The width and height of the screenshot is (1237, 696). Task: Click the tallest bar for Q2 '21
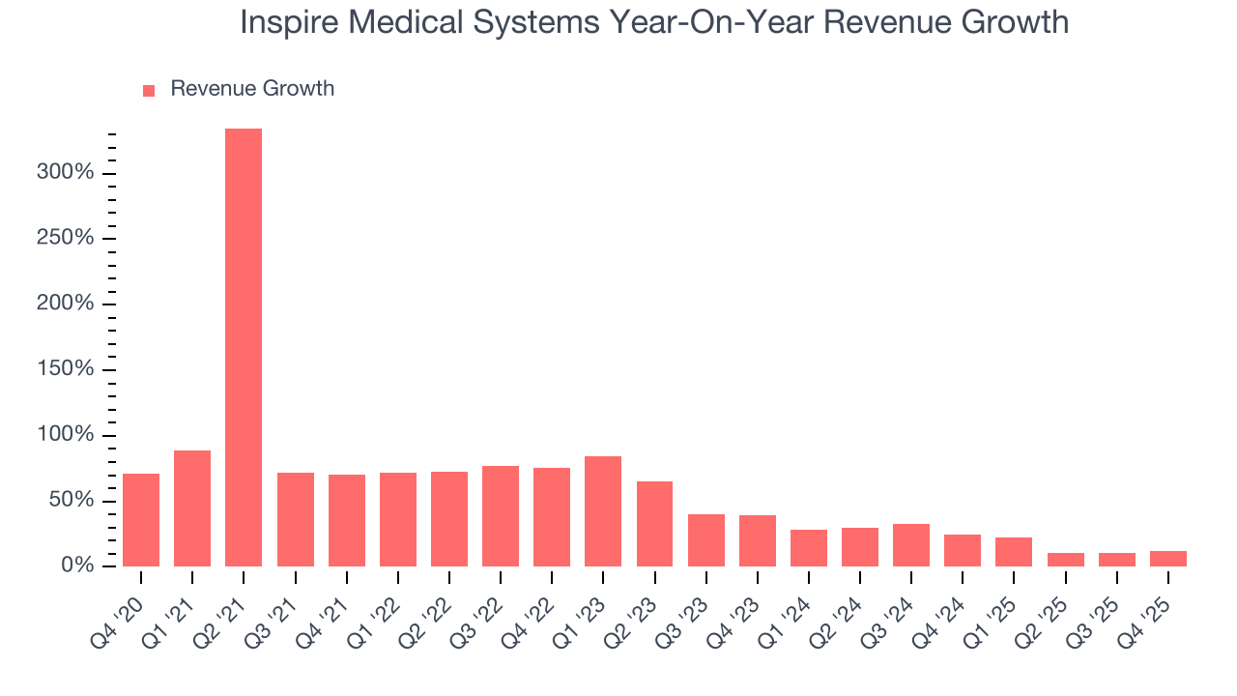click(244, 348)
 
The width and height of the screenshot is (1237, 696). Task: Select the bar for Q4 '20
click(141, 520)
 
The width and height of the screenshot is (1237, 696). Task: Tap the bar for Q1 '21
click(192, 508)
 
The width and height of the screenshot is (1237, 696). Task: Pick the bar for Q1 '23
click(603, 511)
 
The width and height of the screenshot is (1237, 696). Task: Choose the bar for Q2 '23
click(654, 524)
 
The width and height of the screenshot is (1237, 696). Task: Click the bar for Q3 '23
click(706, 540)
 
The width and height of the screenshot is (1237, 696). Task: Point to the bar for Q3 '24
click(911, 545)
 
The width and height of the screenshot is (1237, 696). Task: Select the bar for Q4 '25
click(1168, 559)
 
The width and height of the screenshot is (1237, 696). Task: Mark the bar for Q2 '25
click(1066, 560)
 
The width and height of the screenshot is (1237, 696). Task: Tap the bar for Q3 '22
click(501, 516)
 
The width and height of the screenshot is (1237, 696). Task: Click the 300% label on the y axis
click(67, 173)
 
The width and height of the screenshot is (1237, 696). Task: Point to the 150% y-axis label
click(67, 369)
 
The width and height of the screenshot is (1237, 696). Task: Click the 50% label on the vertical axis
click(72, 500)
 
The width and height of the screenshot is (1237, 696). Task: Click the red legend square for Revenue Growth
click(149, 90)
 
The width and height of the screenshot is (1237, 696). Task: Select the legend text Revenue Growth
click(252, 89)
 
